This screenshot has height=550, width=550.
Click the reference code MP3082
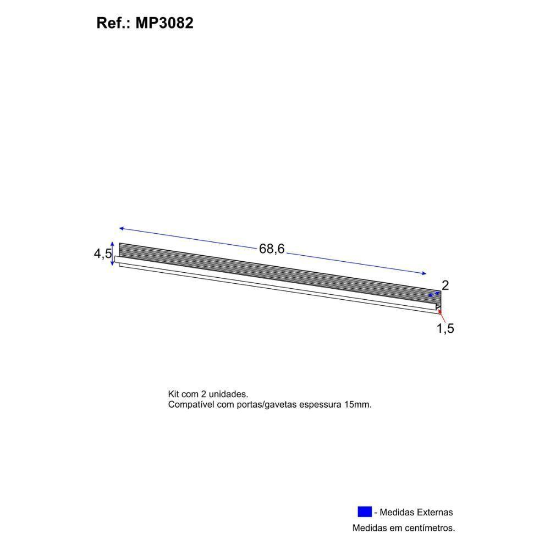(x=164, y=23)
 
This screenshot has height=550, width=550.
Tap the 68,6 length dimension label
(x=272, y=249)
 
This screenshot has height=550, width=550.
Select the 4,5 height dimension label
(x=102, y=253)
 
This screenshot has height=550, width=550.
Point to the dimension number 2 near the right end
(x=445, y=285)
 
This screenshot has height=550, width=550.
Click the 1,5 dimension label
(x=445, y=329)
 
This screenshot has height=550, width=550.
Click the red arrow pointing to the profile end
(x=442, y=315)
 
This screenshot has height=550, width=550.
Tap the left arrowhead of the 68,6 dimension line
(x=122, y=228)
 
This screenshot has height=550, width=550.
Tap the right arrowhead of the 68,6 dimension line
(x=424, y=273)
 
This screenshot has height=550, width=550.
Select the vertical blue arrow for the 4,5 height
(x=112, y=254)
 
